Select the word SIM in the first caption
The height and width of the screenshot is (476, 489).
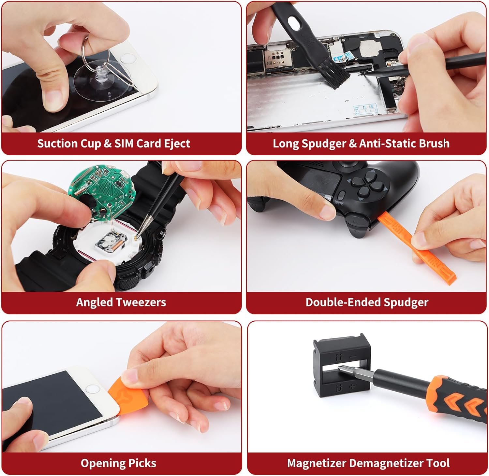coord(124,144)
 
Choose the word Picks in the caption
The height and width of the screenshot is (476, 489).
coord(142,463)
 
